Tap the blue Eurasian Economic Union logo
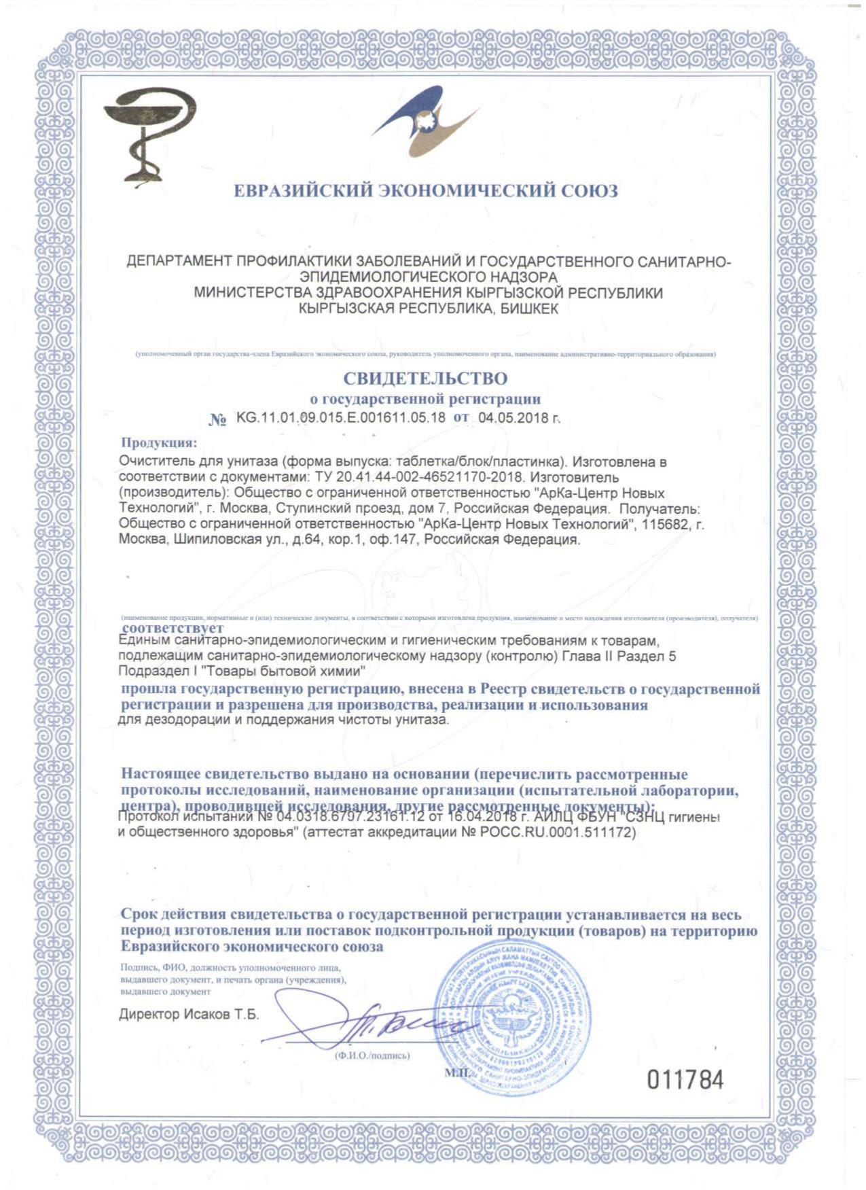[425, 122]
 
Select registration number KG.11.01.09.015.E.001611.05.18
[340, 417]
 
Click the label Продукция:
[158, 443]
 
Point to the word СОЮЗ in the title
[589, 191]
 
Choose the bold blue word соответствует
[173, 628]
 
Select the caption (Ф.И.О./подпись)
[372, 1055]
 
